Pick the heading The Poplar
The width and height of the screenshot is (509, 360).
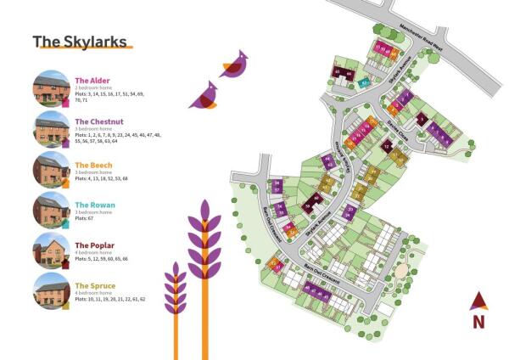93,245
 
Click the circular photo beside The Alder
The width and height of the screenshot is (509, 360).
51,88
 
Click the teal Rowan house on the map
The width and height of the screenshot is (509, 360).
365,82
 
